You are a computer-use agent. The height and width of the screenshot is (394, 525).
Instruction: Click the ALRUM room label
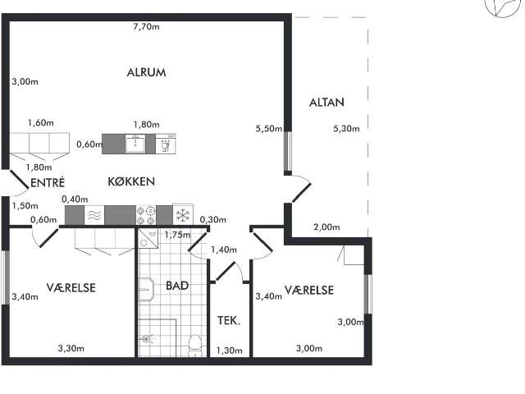coord(146,72)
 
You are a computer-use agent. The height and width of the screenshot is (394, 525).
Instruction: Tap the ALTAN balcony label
coord(326,103)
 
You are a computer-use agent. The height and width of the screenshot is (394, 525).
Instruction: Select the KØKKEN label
coord(131,181)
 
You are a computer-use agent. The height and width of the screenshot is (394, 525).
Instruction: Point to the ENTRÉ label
coord(48,182)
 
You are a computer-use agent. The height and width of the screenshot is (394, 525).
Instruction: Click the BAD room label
coord(177,286)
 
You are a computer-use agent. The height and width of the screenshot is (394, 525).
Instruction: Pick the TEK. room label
coord(229,321)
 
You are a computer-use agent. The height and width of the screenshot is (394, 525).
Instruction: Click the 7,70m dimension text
coord(146,27)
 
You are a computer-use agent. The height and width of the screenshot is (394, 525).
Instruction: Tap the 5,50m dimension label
coord(269,129)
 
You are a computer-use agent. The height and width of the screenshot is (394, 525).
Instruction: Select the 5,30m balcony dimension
coord(346,129)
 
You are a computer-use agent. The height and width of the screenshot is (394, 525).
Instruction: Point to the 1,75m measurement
coord(177,235)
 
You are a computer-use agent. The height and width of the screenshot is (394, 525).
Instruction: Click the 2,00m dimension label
coord(326,227)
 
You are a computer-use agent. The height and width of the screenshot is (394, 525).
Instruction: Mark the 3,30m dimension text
coord(71,348)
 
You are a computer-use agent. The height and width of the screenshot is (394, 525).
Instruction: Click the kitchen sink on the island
coord(135,144)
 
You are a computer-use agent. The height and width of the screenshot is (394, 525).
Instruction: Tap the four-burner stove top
coord(146,215)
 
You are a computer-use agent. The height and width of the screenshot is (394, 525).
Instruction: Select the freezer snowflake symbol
coord(183,215)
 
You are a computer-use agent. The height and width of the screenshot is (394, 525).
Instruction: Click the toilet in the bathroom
coord(194,345)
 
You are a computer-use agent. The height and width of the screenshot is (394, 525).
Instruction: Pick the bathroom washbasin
coord(146,289)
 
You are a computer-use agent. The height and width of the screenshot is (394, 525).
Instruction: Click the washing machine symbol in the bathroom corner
coord(148,239)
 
